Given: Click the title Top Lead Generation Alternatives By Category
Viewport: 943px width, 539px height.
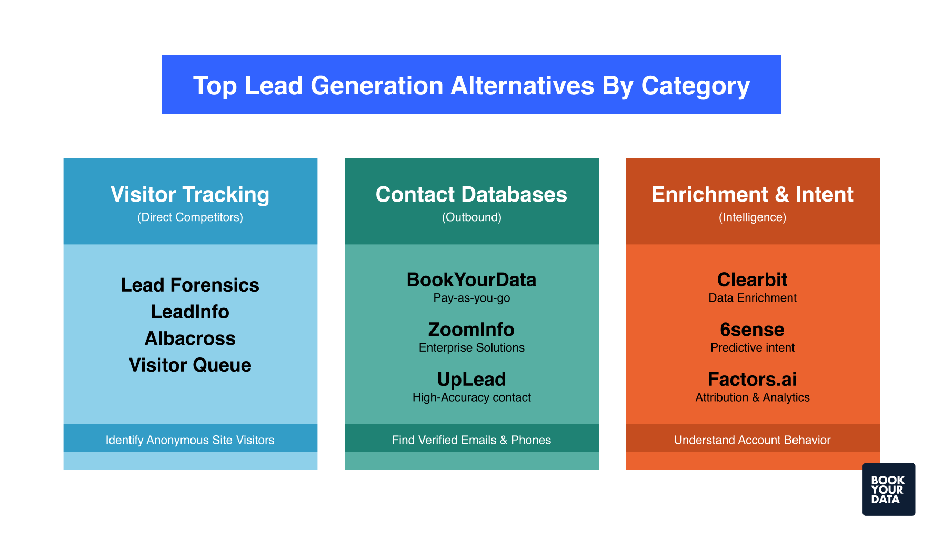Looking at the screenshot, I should [471, 85].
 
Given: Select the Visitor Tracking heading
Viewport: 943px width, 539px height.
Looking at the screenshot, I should [190, 194].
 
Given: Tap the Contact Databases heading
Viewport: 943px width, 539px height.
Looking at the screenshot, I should [471, 194].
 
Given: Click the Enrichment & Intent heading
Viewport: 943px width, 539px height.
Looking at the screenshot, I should [752, 194].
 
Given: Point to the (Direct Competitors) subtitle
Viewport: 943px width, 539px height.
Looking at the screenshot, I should [190, 217].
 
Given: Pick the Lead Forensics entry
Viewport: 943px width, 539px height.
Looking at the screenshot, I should [190, 285].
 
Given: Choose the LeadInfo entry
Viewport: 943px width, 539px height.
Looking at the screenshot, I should [190, 312].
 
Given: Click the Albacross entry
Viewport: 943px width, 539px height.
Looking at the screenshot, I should [190, 338].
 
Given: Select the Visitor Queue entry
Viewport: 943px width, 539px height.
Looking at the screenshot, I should [190, 365].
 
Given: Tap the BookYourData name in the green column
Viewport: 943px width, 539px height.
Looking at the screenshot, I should [471, 280].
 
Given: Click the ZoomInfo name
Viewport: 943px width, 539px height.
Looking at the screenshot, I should [471, 330].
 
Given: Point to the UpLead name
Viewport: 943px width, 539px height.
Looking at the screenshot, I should [471, 379].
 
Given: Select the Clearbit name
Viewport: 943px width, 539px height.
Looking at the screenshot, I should [752, 280].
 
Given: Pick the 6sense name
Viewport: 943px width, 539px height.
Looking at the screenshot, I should [752, 330].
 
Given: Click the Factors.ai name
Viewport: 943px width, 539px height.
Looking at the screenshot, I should [752, 379].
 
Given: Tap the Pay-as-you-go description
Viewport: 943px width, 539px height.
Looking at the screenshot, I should [471, 298].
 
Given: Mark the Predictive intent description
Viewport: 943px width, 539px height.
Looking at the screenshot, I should [752, 347].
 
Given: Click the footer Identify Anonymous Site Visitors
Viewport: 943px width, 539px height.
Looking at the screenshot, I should [190, 440].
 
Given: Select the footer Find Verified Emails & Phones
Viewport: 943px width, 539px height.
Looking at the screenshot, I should [471, 440].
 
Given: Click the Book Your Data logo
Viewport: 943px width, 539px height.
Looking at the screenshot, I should [888, 489].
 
